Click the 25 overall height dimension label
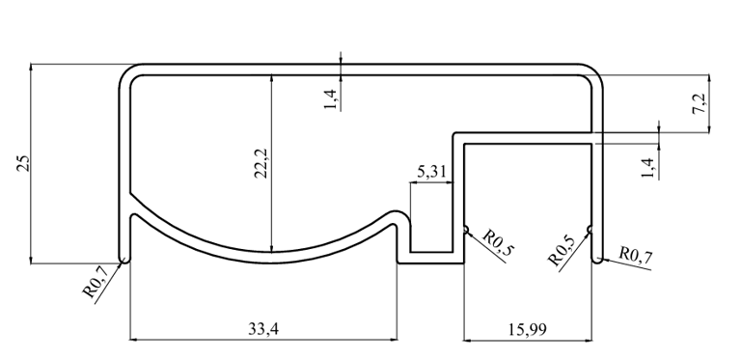pos(24,163)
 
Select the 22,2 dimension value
pos(261,163)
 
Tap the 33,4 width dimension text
pos(263,328)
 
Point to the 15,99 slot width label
pos(528,329)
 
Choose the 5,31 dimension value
pos(431,172)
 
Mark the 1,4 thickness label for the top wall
pos(330,99)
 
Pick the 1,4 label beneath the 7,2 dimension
pos(648,168)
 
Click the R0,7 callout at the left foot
pos(96,281)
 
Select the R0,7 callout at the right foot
pos(636,255)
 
